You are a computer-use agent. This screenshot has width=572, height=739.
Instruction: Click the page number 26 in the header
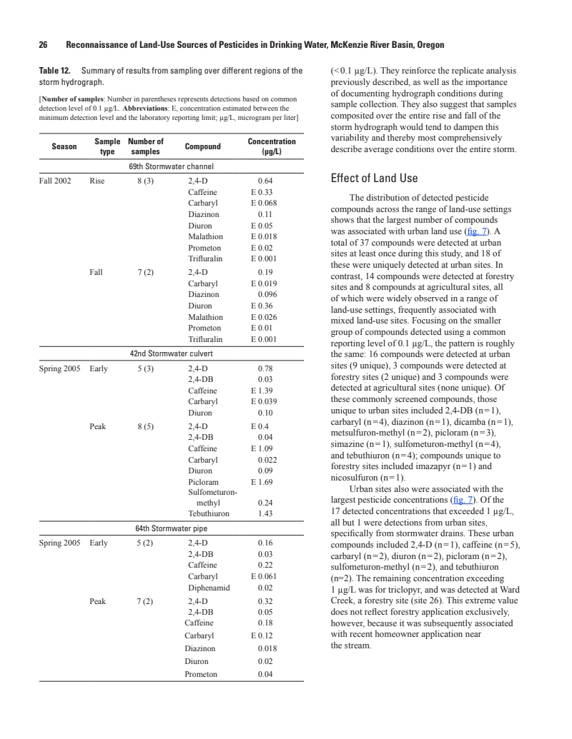point(43,44)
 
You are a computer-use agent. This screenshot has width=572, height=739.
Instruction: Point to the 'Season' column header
point(64,146)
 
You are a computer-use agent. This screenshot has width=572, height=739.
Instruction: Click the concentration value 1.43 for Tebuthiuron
point(265,513)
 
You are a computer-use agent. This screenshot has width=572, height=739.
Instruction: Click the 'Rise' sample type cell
point(97,181)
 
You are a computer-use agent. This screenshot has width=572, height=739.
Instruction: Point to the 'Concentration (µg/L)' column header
point(272,146)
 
